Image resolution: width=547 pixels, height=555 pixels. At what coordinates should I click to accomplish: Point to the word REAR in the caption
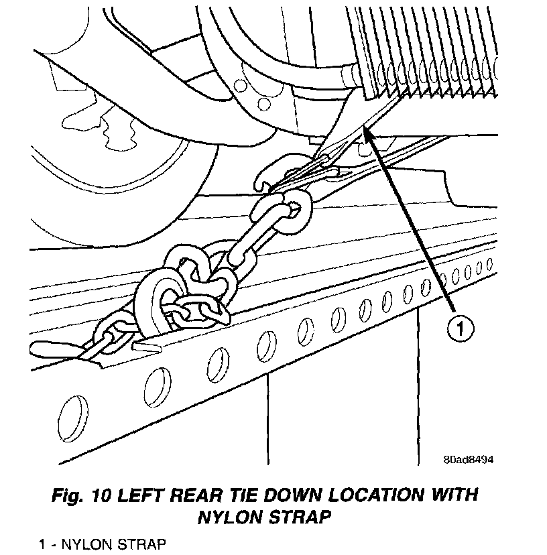tap(202, 497)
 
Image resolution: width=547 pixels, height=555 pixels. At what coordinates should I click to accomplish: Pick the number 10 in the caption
tap(102, 497)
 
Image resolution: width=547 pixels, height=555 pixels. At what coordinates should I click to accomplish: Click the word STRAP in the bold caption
tap(305, 517)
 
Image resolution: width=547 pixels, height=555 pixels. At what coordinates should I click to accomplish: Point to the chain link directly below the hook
tap(292, 204)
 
